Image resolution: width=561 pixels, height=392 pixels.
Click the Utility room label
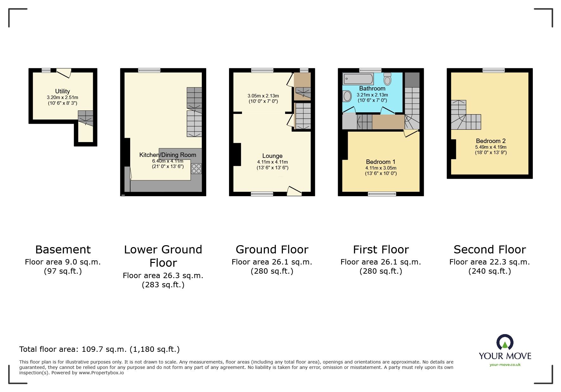[62, 91]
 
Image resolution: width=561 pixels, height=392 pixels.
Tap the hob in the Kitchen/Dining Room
[196, 168]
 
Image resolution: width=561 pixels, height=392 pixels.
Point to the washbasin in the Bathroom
[347, 96]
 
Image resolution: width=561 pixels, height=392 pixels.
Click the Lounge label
[272, 156]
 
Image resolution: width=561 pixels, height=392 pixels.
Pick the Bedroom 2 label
[490, 141]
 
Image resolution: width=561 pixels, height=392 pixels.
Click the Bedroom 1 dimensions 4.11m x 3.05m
[380, 168]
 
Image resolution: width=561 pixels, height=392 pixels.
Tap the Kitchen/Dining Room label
[168, 155]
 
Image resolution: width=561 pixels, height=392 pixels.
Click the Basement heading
[63, 250]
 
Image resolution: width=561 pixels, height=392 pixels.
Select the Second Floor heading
[489, 250]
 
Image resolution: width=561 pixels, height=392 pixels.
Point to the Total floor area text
[99, 349]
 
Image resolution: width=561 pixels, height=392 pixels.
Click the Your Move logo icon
[505, 343]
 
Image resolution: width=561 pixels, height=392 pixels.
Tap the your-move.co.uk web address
[505, 365]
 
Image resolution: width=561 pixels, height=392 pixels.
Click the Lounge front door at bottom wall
[294, 191]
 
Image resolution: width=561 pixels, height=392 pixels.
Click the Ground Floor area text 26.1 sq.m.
[271, 262]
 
